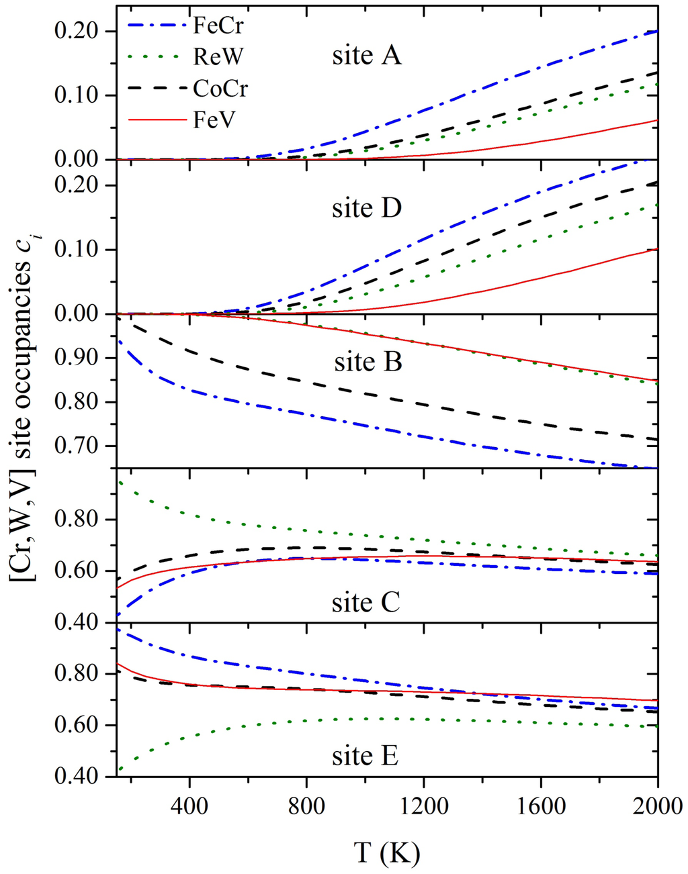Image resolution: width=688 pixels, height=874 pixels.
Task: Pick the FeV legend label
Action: click(214, 119)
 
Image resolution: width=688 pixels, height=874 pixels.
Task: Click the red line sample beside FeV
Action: click(156, 120)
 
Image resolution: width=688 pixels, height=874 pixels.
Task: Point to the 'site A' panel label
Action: click(367, 56)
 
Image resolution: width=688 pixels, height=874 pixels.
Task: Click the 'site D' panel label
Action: click(367, 208)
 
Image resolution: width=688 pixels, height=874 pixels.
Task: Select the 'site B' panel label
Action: click(368, 362)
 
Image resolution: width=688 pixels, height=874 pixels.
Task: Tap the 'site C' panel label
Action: click(366, 602)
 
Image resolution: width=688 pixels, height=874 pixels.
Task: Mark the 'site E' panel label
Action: click(365, 756)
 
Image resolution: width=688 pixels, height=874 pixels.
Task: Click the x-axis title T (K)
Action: click(387, 853)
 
